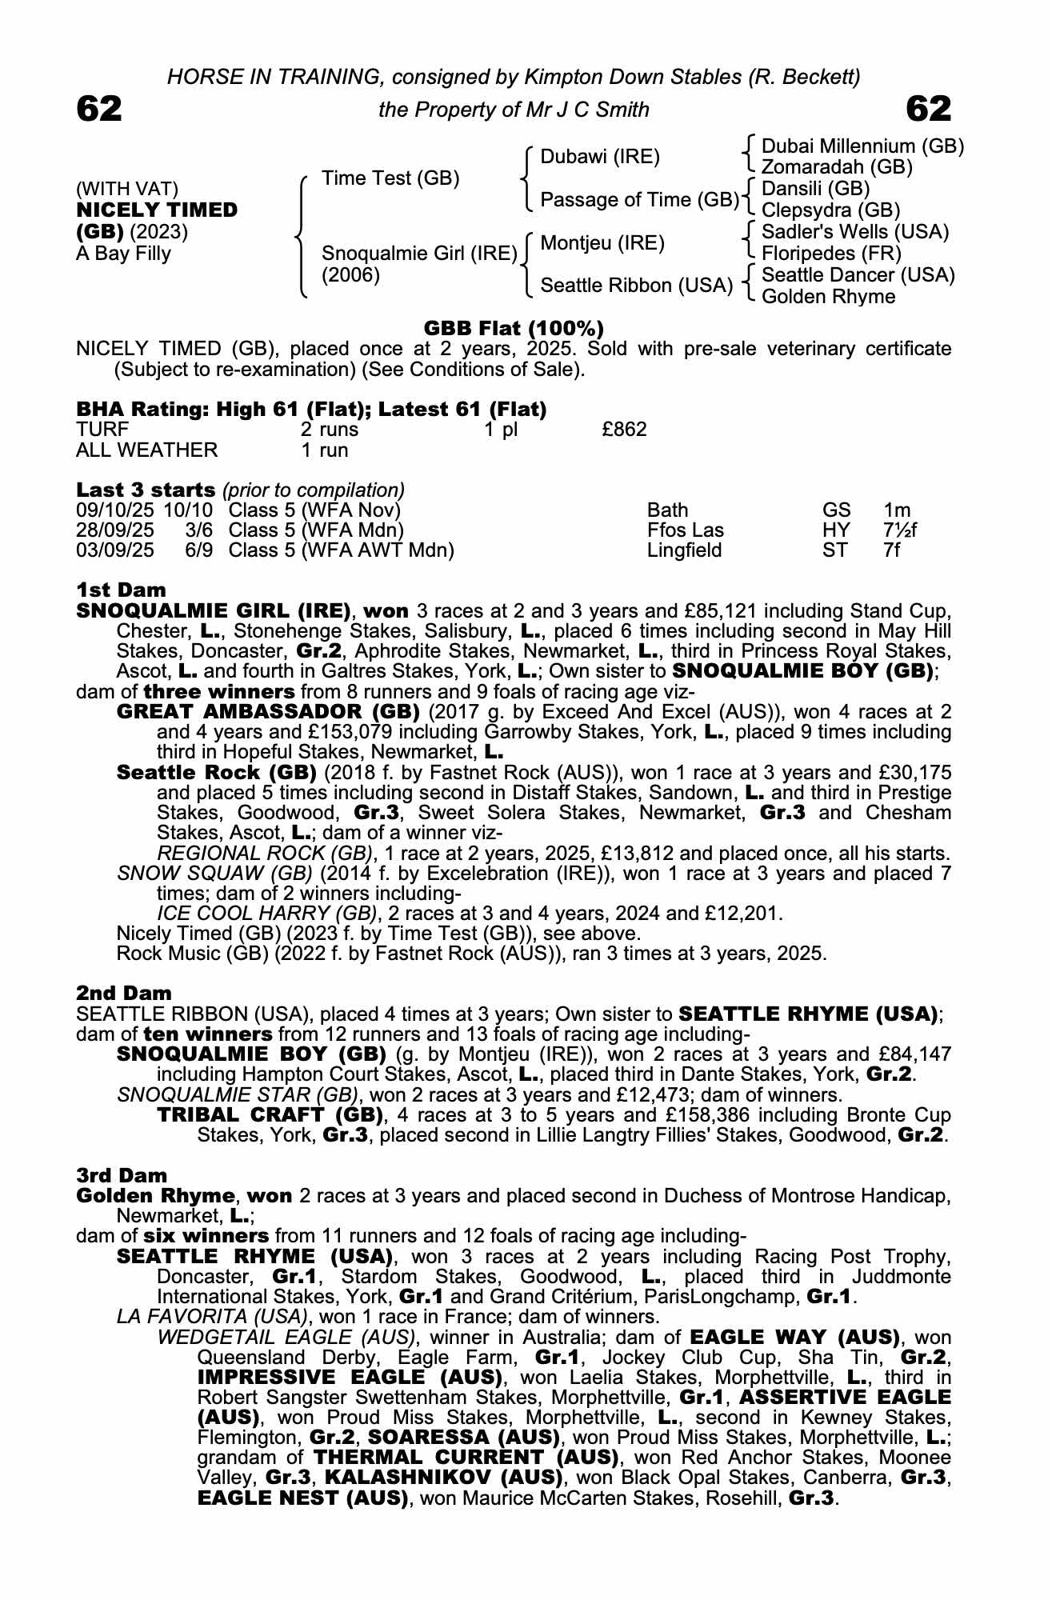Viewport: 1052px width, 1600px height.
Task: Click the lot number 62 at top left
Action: [x=99, y=109]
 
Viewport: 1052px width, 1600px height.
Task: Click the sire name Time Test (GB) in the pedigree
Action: [x=390, y=178]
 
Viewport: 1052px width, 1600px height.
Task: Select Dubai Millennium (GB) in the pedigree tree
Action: [x=862, y=146]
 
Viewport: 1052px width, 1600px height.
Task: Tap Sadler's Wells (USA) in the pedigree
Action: [x=855, y=232]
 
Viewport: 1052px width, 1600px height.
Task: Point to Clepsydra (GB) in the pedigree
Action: [x=830, y=210]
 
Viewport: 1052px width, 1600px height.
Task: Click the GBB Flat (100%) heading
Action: [x=513, y=328]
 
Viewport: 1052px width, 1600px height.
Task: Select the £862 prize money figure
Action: [x=624, y=430]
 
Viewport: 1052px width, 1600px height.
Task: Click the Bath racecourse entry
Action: [x=667, y=510]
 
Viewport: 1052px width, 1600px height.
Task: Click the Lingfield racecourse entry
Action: [x=684, y=550]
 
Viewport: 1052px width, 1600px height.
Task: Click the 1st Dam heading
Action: [x=121, y=590]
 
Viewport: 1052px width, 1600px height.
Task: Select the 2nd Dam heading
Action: [x=124, y=994]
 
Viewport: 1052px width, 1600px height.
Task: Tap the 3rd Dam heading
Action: [x=122, y=1175]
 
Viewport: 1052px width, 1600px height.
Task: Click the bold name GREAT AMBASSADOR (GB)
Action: [x=268, y=712]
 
